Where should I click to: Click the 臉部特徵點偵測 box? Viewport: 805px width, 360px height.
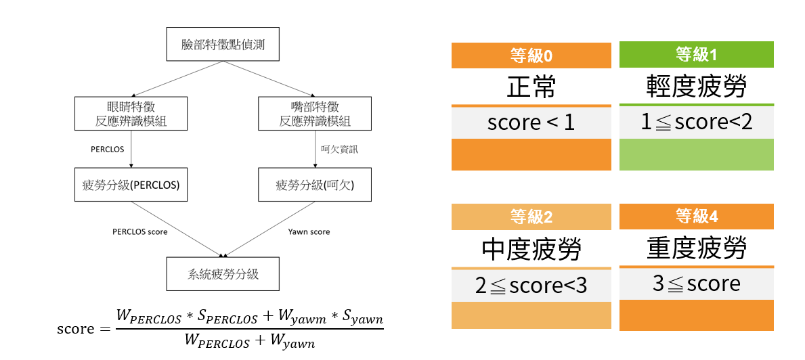223,45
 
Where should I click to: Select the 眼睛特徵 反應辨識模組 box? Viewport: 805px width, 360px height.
131,114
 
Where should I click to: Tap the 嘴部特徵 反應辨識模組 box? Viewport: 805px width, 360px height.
315,114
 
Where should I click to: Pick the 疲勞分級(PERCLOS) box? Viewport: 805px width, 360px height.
131,184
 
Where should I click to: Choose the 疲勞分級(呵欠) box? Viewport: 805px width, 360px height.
315,184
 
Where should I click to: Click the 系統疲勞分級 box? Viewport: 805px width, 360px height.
223,274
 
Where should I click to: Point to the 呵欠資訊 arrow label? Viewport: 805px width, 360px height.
339,150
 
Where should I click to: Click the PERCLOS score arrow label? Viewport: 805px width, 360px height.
140,231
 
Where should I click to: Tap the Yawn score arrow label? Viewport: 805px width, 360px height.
309,231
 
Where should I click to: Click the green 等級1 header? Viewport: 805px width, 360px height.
696,54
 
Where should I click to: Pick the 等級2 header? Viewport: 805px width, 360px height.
531,217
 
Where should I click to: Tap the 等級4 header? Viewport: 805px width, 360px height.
696,217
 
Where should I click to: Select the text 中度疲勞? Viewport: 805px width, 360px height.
531,250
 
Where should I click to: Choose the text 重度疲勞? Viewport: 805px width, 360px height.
696,248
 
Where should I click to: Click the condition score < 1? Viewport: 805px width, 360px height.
531,122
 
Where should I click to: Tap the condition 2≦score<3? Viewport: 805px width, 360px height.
531,286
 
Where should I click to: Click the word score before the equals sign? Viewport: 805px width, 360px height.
76,329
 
